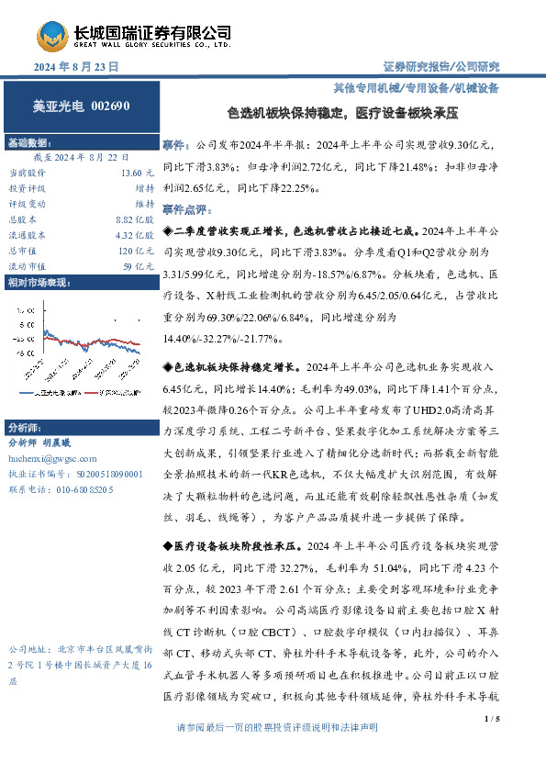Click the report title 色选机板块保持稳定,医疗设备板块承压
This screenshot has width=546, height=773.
(341, 114)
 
